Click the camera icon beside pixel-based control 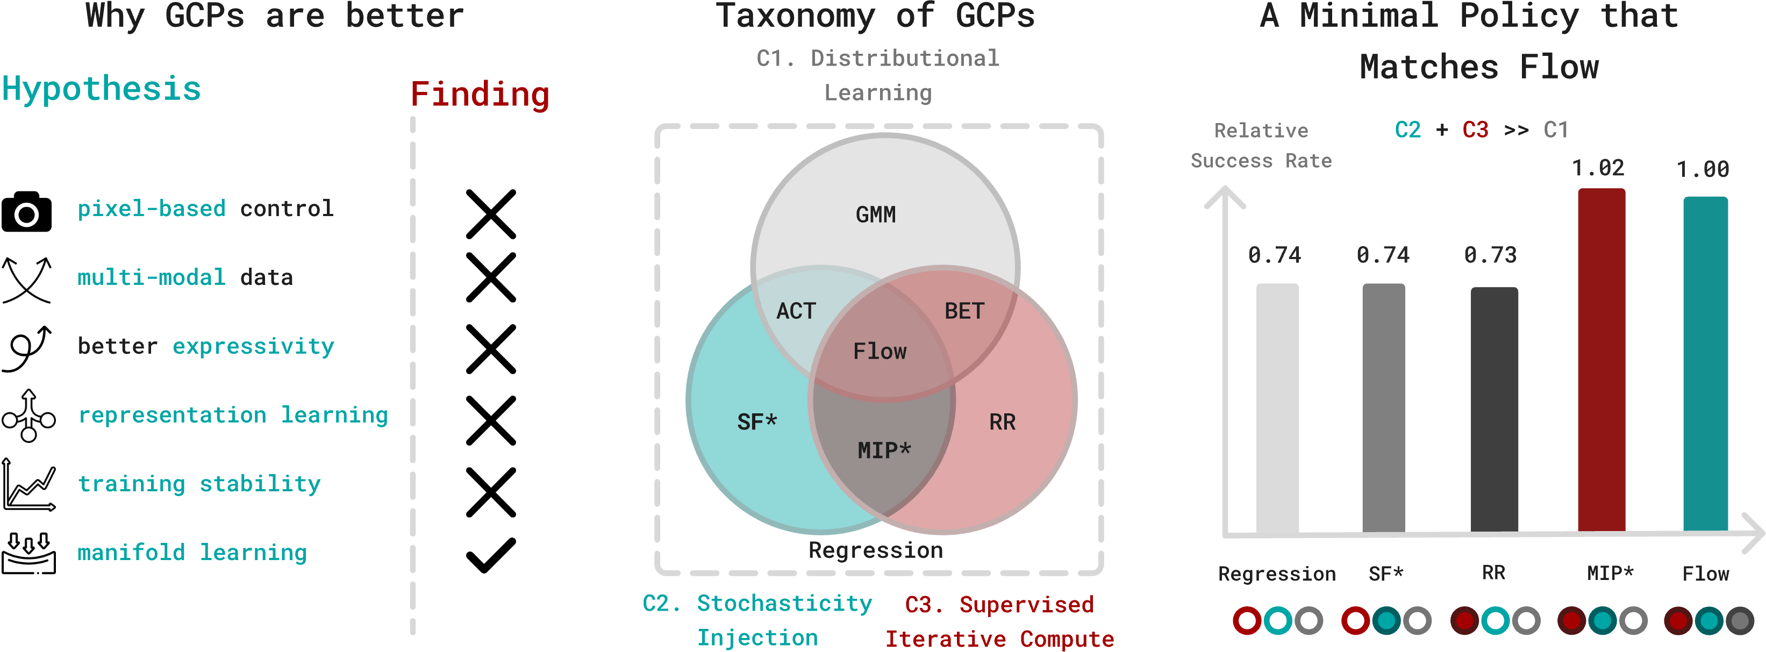pos(27,212)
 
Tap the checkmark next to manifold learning pos(491,555)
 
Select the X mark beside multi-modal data pos(491,278)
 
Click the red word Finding pos(480,95)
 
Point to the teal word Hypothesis pos(102,89)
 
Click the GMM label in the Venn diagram pos(875,214)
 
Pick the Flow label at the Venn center pos(880,352)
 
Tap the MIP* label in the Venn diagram pos(884,450)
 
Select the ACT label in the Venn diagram pos(796,311)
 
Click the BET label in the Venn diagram pos(964,311)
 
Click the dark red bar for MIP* pos(1601,360)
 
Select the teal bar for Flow pos(1706,363)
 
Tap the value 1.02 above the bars pos(1597,168)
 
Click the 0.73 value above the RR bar pos(1490,255)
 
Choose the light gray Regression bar pos(1277,408)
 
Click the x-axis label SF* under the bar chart pos(1385,573)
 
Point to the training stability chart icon pos(29,485)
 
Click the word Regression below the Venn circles pos(875,550)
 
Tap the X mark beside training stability pos(491,492)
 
